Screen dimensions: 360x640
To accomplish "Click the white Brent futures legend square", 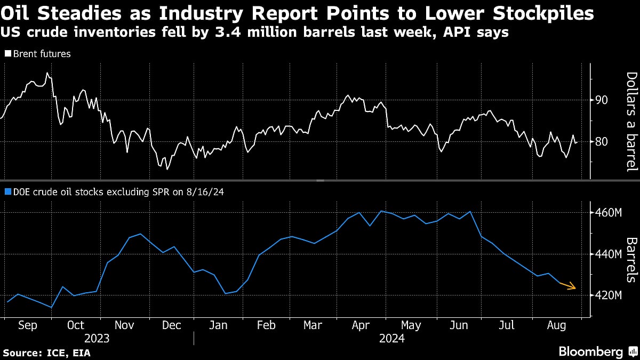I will click(x=7, y=54).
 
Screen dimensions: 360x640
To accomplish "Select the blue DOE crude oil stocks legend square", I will click(x=7, y=192).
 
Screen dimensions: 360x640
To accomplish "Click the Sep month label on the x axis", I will click(x=28, y=325).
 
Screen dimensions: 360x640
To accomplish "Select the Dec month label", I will click(x=171, y=325).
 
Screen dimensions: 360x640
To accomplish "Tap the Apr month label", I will click(x=362, y=325).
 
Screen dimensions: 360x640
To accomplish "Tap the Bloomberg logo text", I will click(x=590, y=351).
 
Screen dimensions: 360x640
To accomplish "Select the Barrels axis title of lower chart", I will click(x=631, y=260).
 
